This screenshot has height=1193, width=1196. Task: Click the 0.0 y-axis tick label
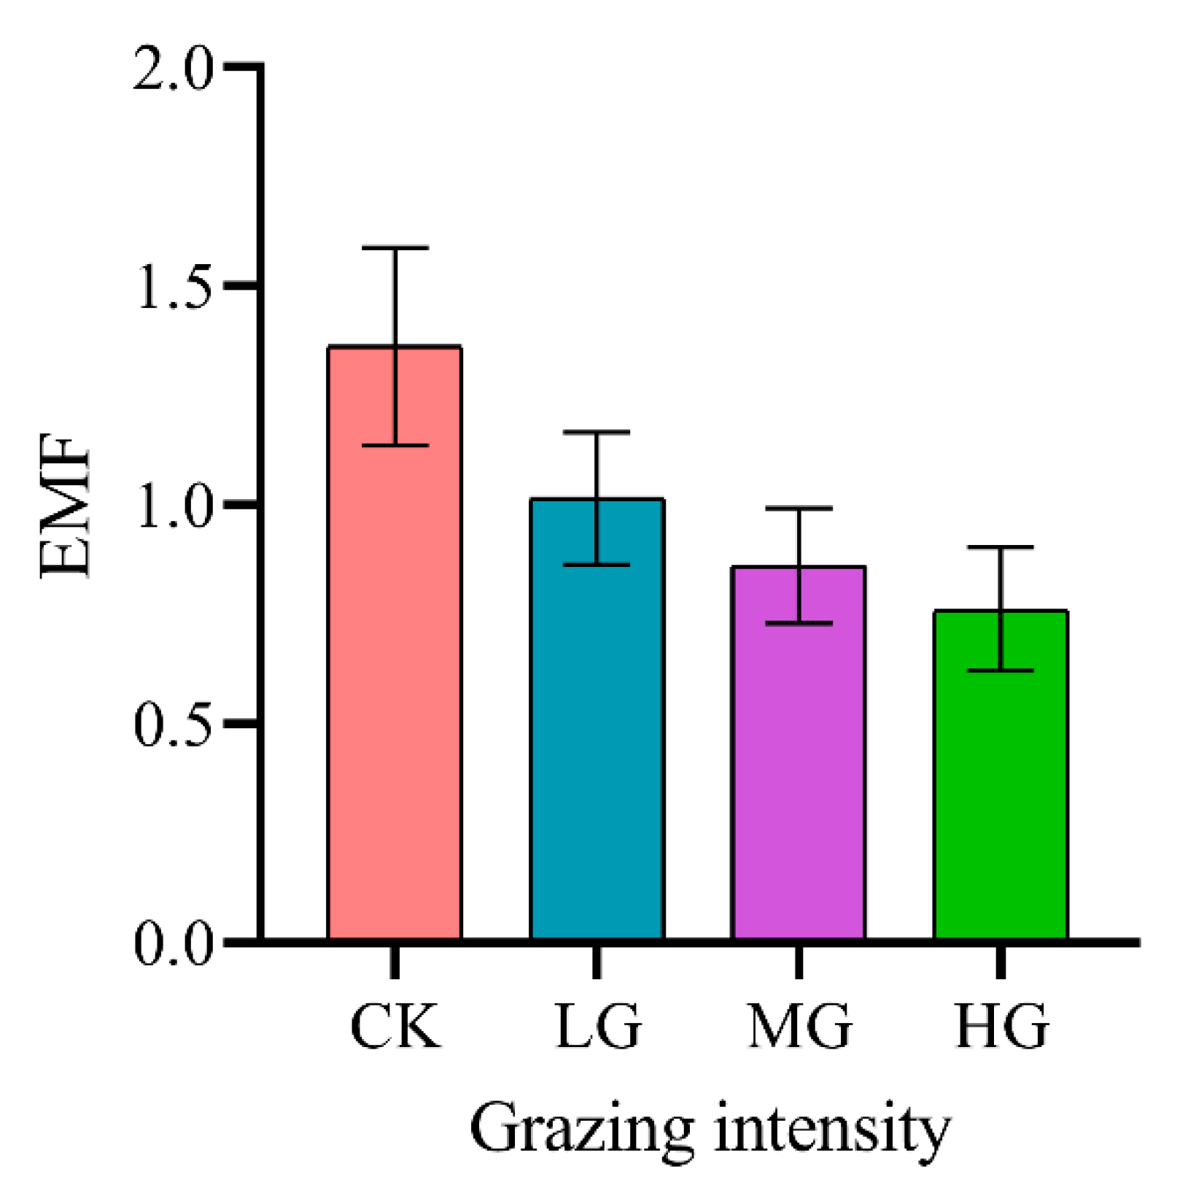[173, 943]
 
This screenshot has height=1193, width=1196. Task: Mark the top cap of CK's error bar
[395, 248]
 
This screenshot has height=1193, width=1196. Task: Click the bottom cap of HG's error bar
[1001, 670]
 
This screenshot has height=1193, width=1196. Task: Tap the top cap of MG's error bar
[799, 508]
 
